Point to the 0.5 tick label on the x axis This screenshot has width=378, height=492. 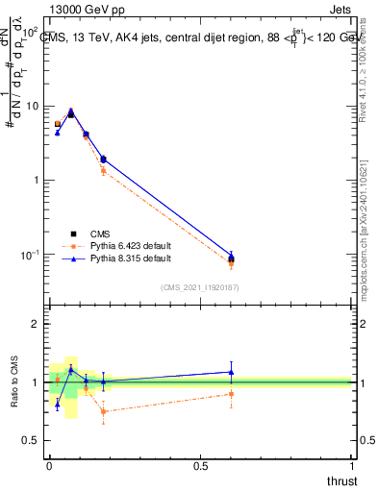(200, 465)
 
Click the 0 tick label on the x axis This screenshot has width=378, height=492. (49, 465)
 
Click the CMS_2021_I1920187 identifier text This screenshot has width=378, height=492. (199, 286)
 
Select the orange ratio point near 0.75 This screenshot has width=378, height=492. (103, 411)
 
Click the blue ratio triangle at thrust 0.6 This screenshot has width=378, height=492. (231, 372)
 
